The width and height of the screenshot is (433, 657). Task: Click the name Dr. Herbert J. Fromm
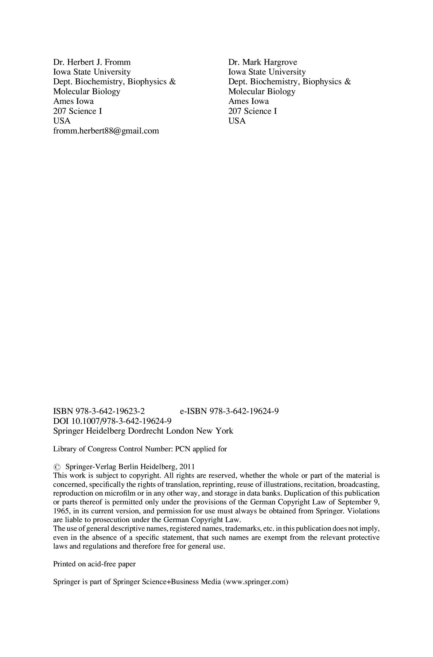(x=92, y=62)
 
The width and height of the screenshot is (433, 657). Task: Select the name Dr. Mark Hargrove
(x=262, y=62)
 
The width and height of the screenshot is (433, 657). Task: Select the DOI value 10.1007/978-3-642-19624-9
(x=121, y=421)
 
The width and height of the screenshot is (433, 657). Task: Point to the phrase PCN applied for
(x=201, y=449)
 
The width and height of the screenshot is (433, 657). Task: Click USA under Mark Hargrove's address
(x=237, y=121)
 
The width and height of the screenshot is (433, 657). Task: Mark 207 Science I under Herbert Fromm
(x=78, y=111)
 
